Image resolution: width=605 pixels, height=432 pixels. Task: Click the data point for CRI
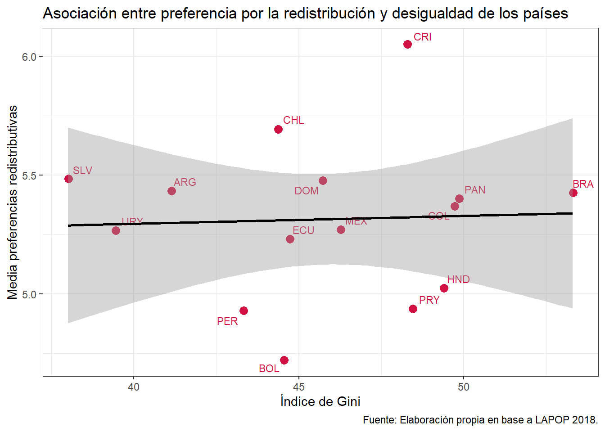[407, 44]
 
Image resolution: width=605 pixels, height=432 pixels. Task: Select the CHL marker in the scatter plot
[278, 130]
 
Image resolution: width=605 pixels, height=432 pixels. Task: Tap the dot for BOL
[284, 360]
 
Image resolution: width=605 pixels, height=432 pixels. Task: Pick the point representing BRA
[573, 193]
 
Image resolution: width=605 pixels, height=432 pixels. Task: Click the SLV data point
[68, 179]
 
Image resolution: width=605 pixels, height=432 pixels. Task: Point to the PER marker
[244, 310]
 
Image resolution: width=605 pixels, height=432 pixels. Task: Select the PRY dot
[413, 309]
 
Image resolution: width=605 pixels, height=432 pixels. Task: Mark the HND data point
[444, 288]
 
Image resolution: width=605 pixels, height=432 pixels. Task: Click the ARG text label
[185, 182]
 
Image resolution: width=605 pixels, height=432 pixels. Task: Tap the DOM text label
[307, 191]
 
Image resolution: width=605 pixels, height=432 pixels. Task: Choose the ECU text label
[303, 230]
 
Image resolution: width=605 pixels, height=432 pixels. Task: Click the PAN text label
[475, 190]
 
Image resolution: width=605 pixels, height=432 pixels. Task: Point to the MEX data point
[341, 229]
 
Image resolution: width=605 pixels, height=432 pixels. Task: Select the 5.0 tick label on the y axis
[29, 294]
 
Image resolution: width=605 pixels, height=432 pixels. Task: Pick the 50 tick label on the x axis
[463, 387]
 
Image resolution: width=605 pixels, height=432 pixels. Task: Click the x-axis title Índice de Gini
[320, 401]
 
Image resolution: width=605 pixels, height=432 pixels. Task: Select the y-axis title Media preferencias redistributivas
[13, 202]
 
